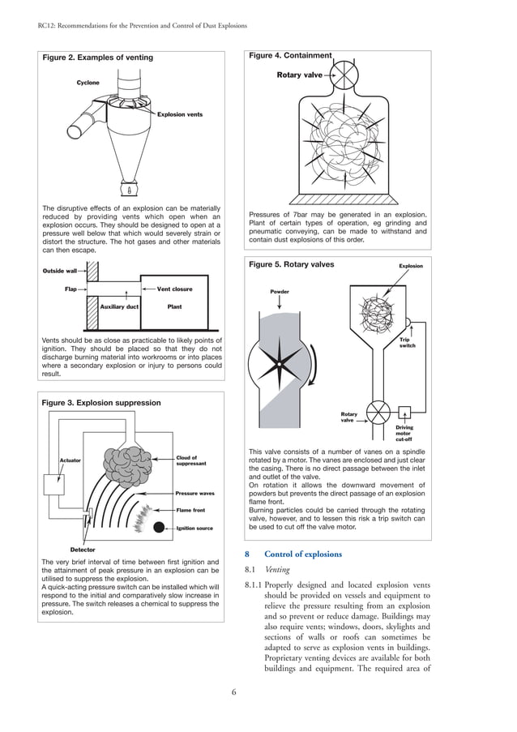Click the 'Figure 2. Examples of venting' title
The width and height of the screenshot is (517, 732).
pos(97,58)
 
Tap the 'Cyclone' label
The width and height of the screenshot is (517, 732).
pos(88,83)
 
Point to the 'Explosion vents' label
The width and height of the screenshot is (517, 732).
pos(179,114)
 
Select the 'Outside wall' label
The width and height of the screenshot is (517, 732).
pos(59,271)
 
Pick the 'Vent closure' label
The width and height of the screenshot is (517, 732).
pos(174,289)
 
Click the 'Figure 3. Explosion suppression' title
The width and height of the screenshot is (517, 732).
pos(100,403)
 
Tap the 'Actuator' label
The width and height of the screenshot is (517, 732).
pos(70,460)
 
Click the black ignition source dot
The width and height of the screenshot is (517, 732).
pos(158,528)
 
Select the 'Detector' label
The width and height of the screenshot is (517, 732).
pos(83,550)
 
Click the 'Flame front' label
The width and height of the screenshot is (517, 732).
pos(190,510)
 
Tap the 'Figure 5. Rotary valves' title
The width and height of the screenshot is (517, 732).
pos(291,264)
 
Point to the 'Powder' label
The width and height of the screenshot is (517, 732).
pos(280,292)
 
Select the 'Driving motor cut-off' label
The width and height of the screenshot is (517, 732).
pos(404,433)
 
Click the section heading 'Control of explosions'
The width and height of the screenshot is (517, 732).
pos(301,554)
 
